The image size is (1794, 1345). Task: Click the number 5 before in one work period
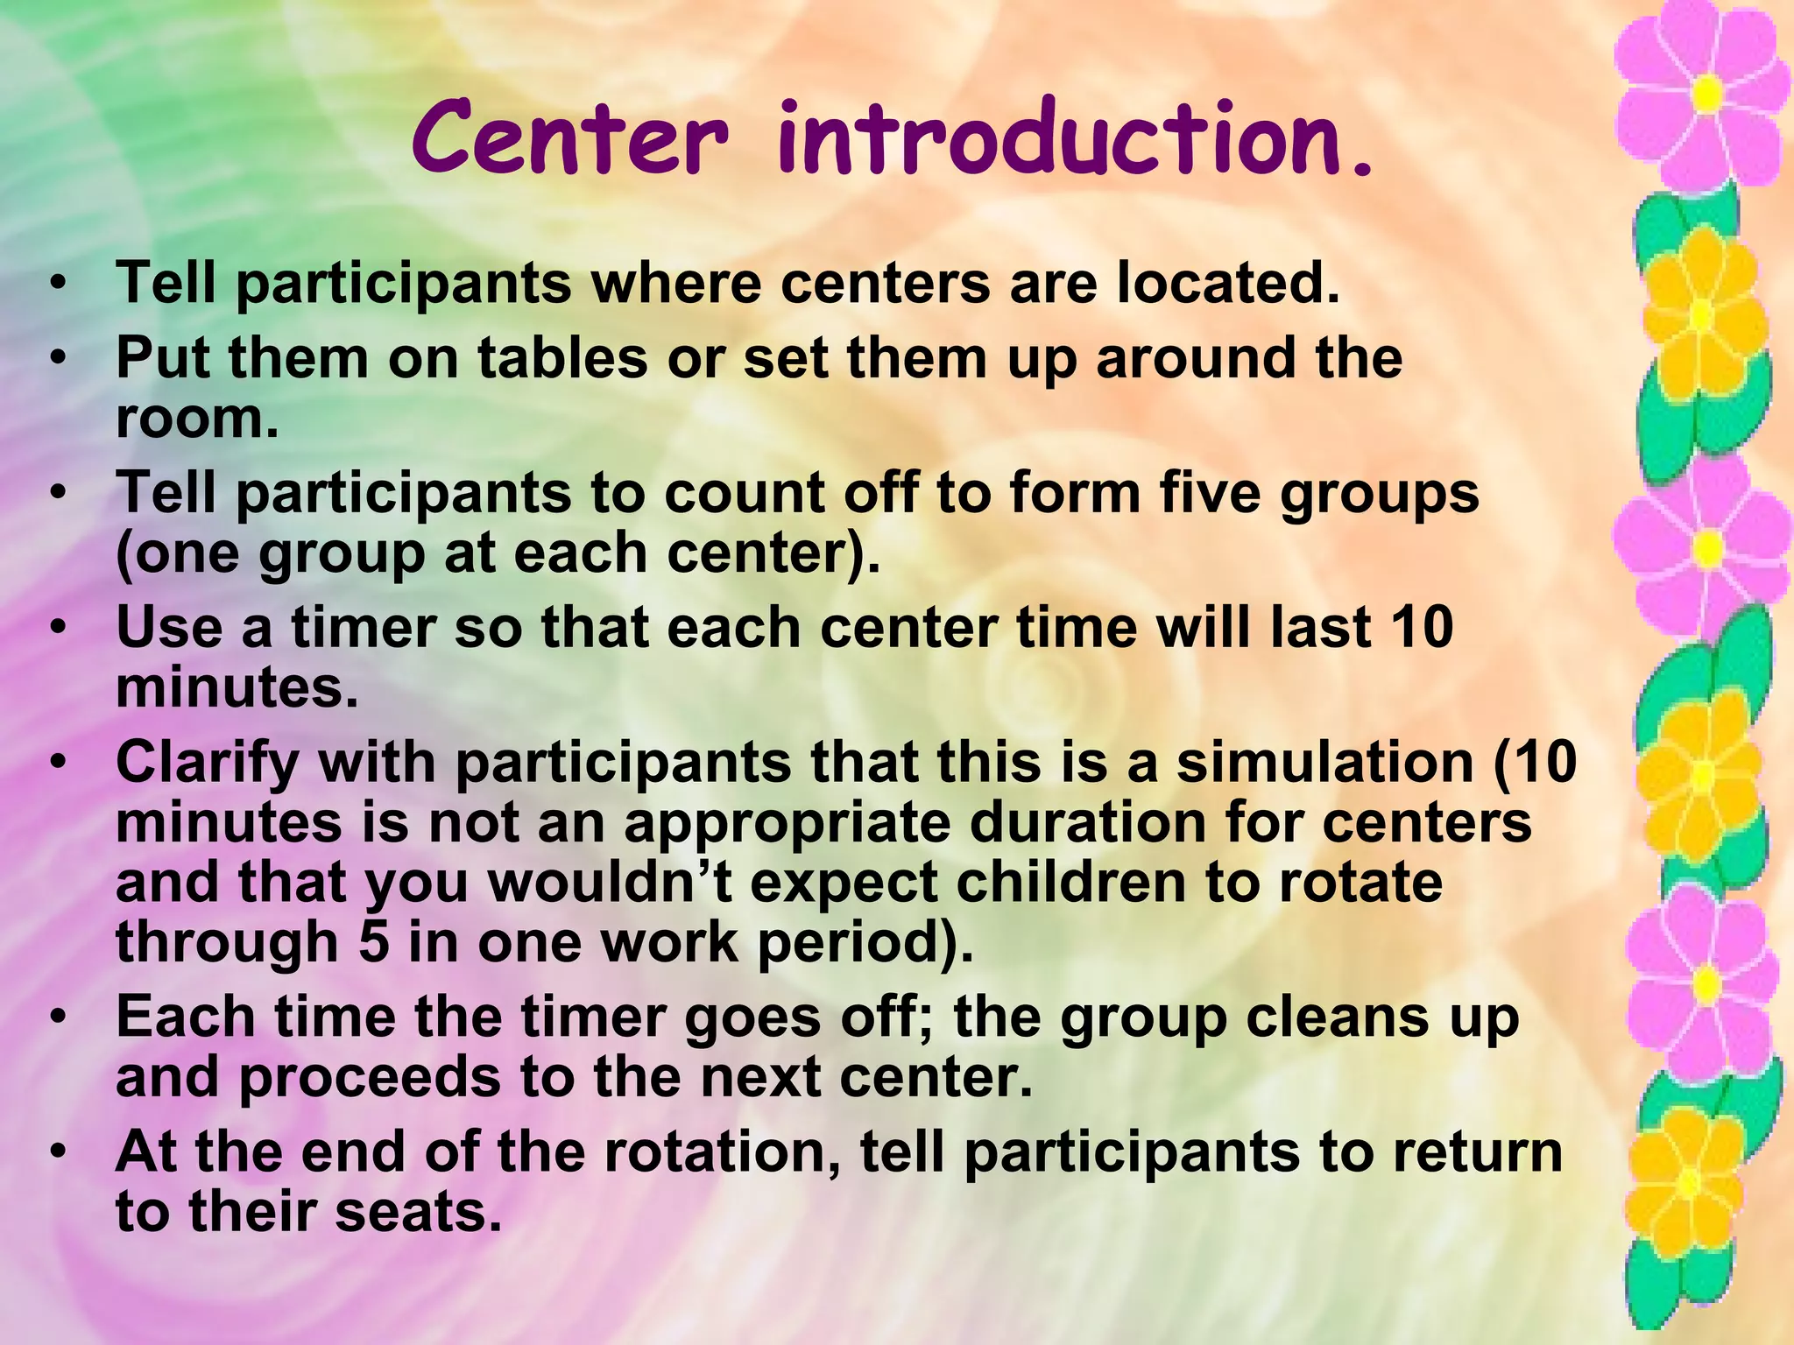tap(374, 942)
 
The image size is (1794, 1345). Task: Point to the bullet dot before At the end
tap(58, 1152)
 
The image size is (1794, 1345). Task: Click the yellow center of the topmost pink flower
tap(1706, 94)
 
